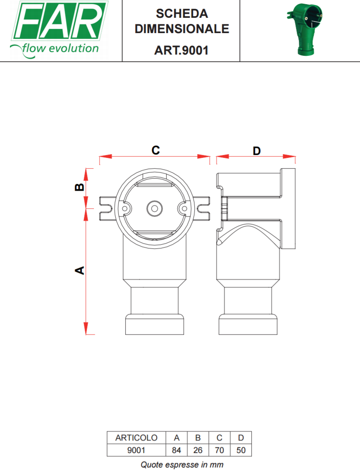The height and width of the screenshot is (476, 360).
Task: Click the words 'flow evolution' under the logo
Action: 60,48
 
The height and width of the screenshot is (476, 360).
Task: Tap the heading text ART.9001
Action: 181,50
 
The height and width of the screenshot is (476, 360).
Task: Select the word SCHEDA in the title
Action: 182,13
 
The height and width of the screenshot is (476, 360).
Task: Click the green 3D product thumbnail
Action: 305,29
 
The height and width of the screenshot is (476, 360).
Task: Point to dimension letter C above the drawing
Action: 156,150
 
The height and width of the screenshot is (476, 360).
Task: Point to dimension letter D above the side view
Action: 257,150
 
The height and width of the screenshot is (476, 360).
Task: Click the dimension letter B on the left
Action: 79,187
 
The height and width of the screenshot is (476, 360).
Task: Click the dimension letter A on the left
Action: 79,270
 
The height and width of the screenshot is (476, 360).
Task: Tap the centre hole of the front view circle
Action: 155,209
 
